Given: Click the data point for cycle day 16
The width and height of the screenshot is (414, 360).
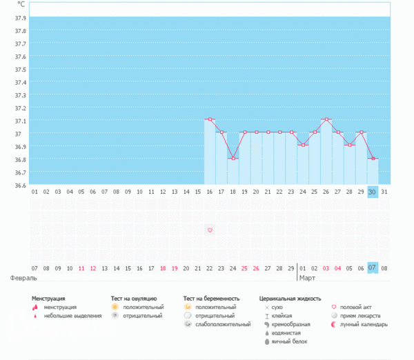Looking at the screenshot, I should click(x=210, y=119).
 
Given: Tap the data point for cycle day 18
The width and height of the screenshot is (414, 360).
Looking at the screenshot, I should click(x=233, y=158).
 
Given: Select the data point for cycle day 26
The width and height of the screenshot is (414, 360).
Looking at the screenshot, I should click(x=326, y=119).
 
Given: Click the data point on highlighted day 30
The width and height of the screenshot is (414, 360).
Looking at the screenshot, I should click(x=373, y=158).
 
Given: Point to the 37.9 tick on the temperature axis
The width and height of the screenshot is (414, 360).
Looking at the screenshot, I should click(x=20, y=17).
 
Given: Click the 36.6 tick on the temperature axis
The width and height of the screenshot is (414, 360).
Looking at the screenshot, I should click(x=20, y=185).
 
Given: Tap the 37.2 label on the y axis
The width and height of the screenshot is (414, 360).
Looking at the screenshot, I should click(x=20, y=108).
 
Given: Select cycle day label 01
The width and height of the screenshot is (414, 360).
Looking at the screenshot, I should click(x=34, y=192).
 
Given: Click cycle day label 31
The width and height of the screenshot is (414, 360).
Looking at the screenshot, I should click(x=384, y=192).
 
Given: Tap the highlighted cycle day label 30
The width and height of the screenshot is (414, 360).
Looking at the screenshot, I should click(x=373, y=192).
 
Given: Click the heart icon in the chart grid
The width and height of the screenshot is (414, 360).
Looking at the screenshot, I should click(x=210, y=230).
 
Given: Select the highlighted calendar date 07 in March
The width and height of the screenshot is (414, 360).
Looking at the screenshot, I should click(x=373, y=268).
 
